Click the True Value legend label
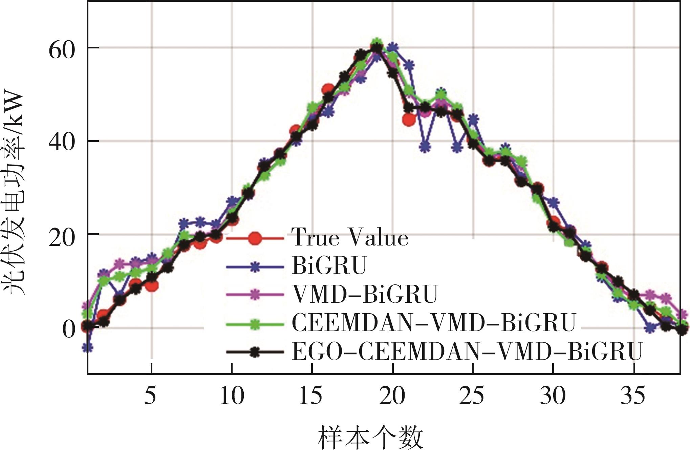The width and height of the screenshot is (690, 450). click(350, 237)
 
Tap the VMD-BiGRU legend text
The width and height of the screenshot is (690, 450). click(365, 295)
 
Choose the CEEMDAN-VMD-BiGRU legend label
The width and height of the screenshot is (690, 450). click(434, 323)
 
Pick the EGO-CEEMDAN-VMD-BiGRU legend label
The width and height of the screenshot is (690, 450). click(467, 352)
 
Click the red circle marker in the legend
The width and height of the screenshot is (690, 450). click(255, 238)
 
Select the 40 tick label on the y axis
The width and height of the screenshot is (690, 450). click(62, 143)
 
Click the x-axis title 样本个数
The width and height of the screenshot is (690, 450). click(371, 437)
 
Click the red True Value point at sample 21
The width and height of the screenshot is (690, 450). click(409, 119)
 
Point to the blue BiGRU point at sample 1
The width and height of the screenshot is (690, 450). click(88, 347)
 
